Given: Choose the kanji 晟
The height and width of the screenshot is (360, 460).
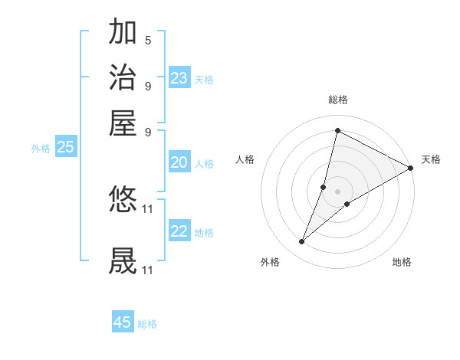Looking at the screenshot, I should (123, 260).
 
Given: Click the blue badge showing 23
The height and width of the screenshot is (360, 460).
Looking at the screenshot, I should (179, 77).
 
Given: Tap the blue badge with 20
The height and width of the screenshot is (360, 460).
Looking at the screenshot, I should (179, 162).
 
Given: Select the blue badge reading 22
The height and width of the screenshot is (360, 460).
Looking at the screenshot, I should (179, 231).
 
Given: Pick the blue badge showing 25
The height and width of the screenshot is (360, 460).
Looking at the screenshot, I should (66, 147).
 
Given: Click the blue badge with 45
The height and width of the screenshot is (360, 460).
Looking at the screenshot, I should (123, 322).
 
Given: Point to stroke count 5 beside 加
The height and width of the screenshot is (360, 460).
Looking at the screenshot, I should (147, 40).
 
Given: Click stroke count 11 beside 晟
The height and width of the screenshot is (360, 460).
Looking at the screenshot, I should (148, 270).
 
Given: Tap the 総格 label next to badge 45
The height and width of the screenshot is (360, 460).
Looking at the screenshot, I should (147, 324).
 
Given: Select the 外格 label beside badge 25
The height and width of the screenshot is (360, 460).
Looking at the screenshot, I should (41, 149).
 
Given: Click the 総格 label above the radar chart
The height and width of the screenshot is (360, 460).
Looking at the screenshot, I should (338, 100).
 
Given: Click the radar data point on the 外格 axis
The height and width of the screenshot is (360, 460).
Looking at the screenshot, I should (302, 242).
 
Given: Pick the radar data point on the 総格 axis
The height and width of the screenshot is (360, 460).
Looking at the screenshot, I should (337, 130).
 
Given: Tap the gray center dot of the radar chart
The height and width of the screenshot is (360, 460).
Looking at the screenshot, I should (338, 191).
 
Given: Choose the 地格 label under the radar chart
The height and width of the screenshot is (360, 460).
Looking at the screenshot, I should (402, 263).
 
